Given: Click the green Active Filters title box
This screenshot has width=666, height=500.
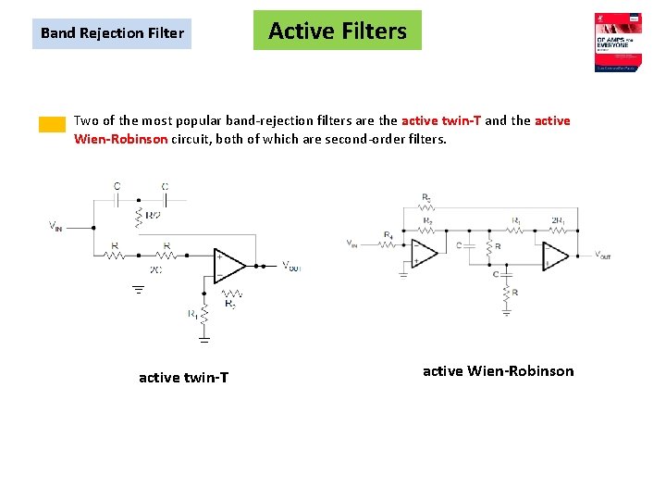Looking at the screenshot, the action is tap(337, 31).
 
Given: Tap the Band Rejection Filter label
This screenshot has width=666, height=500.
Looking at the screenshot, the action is tap(112, 33).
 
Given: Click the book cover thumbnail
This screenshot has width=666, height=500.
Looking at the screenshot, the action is tap(618, 43).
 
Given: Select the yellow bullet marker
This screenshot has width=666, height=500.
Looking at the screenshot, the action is tap(52, 125).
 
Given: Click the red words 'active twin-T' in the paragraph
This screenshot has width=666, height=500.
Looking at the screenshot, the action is tap(439, 120).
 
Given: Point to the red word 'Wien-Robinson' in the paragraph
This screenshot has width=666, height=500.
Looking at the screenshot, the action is tap(120, 139).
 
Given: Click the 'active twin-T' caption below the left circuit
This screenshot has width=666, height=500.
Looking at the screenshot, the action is tap(183, 377).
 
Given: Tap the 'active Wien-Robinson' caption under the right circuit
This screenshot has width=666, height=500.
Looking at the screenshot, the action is tap(498, 370).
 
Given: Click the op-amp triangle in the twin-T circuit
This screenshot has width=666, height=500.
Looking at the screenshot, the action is tap(228, 265).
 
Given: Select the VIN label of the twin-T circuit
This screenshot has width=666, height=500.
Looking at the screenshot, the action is tap(56, 225).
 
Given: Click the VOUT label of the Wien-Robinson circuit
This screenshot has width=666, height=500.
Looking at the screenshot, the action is tap(602, 254).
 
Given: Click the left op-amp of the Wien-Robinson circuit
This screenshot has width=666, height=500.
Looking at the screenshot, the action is tap(425, 254).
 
